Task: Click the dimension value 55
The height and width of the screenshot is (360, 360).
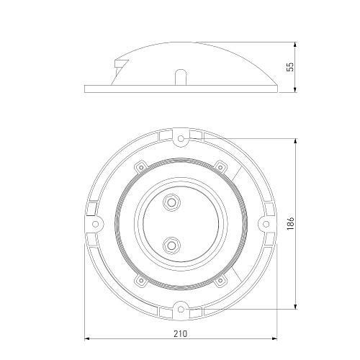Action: pos(290,67)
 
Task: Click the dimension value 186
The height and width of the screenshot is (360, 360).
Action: pos(290,224)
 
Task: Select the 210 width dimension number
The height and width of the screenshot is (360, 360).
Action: pos(180,333)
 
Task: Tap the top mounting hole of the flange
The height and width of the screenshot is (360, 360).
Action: pos(181,138)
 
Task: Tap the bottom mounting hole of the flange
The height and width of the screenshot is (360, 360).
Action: pos(181,310)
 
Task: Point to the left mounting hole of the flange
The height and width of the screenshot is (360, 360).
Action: pos(95,224)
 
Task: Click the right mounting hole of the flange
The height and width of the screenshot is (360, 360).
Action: pos(266,224)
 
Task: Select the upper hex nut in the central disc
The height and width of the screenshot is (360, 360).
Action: pos(171,202)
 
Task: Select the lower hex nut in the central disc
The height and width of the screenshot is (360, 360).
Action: pos(171,246)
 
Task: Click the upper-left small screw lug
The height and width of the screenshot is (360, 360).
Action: pos(141,167)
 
